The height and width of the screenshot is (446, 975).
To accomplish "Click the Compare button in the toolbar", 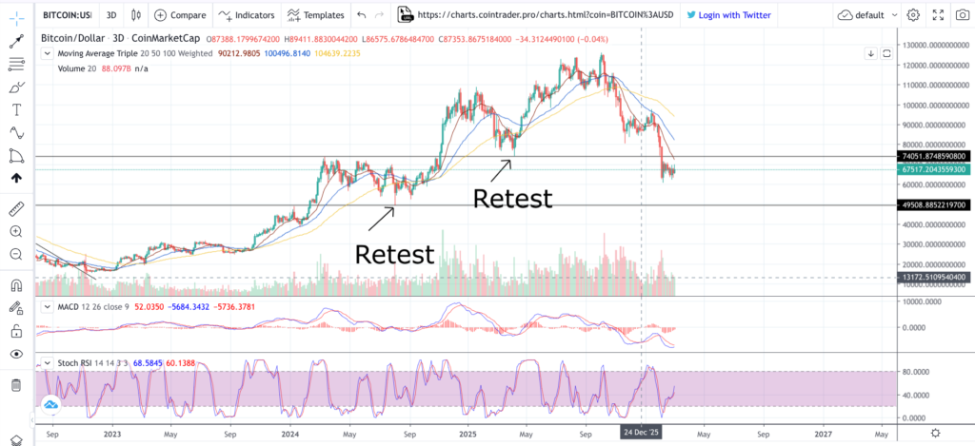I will pos(179,15).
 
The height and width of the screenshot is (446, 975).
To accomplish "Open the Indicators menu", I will pos(246,15).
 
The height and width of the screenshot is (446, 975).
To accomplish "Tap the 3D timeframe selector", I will pos(111,15).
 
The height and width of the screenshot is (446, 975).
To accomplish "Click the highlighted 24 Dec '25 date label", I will pos(642,432).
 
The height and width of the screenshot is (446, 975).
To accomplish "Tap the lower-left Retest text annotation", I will pos(394,254).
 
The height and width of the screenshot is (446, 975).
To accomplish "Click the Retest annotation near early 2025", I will pos(512,199).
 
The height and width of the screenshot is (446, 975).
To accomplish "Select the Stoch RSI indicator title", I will pos(81,363).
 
